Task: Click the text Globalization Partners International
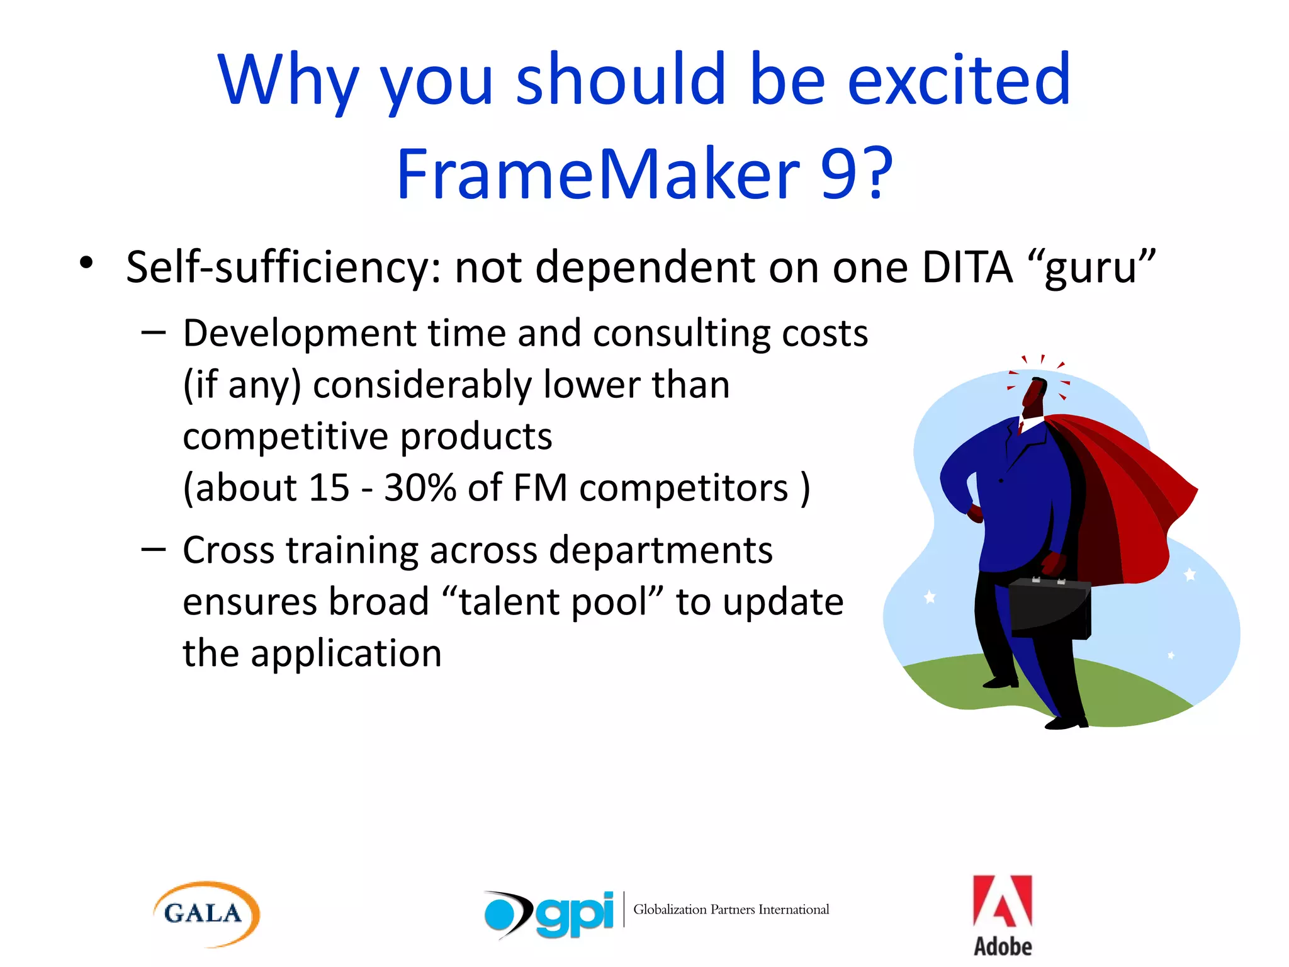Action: tap(731, 910)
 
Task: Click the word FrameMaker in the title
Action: tap(597, 174)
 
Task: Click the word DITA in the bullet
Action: tap(967, 268)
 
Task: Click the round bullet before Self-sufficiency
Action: tap(87, 263)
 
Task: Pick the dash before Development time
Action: tap(154, 332)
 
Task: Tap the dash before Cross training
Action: tap(154, 550)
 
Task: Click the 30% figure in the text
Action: tap(420, 487)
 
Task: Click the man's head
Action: tap(1034, 395)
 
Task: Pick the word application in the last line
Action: tap(346, 653)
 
